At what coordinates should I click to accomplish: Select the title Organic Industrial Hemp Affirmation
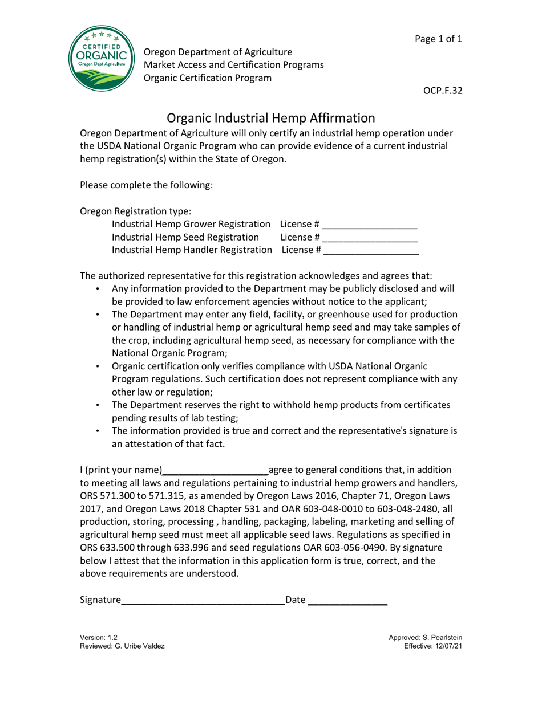pos(270,118)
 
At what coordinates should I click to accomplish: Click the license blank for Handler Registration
pos(371,250)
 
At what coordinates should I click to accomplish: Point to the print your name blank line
pos(215,470)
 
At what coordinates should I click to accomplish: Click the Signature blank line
pos(203,600)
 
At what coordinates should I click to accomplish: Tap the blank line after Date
pos(347,600)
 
